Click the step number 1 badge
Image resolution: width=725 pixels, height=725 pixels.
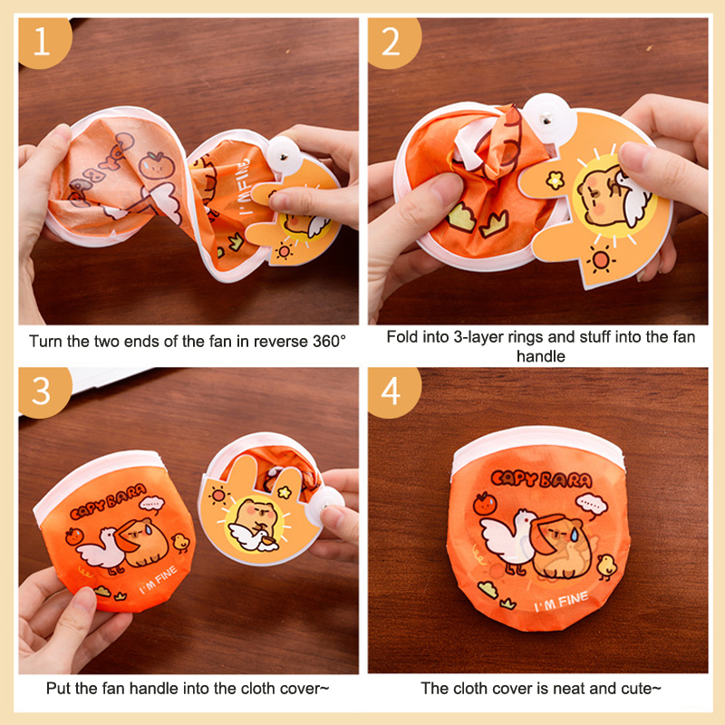(43, 41)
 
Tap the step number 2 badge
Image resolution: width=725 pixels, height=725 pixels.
(392, 41)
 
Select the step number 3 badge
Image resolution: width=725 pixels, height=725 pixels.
(43, 391)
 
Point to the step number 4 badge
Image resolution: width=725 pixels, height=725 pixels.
(392, 391)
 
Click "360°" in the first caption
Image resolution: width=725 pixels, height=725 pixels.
(329, 342)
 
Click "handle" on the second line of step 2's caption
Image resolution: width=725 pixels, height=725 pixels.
(540, 356)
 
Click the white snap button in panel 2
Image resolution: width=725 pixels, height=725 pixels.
(549, 119)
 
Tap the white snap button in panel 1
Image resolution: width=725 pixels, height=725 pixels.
(284, 155)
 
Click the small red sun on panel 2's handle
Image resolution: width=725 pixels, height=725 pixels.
(601, 260)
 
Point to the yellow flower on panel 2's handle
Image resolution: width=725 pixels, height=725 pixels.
(555, 180)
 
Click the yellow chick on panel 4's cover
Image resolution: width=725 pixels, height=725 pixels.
(605, 566)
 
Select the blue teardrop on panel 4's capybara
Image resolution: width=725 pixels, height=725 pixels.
(574, 535)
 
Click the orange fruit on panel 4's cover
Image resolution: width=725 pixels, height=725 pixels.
(485, 504)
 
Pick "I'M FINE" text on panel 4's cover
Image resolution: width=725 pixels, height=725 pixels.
(561, 601)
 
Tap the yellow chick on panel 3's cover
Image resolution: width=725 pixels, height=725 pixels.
(180, 543)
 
